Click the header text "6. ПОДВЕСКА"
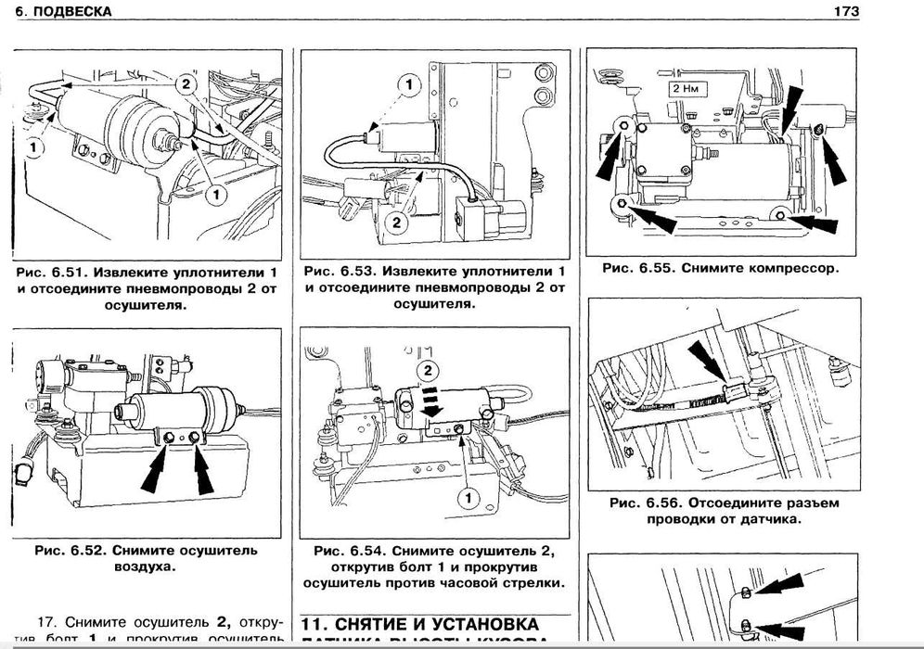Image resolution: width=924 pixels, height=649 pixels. click(63, 12)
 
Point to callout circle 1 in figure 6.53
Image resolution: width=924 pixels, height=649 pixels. click(407, 86)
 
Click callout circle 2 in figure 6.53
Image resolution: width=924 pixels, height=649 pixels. click(394, 222)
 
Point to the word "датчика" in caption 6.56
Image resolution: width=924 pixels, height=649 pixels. click(764, 519)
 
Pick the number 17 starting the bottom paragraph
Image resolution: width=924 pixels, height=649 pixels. click(47, 620)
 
